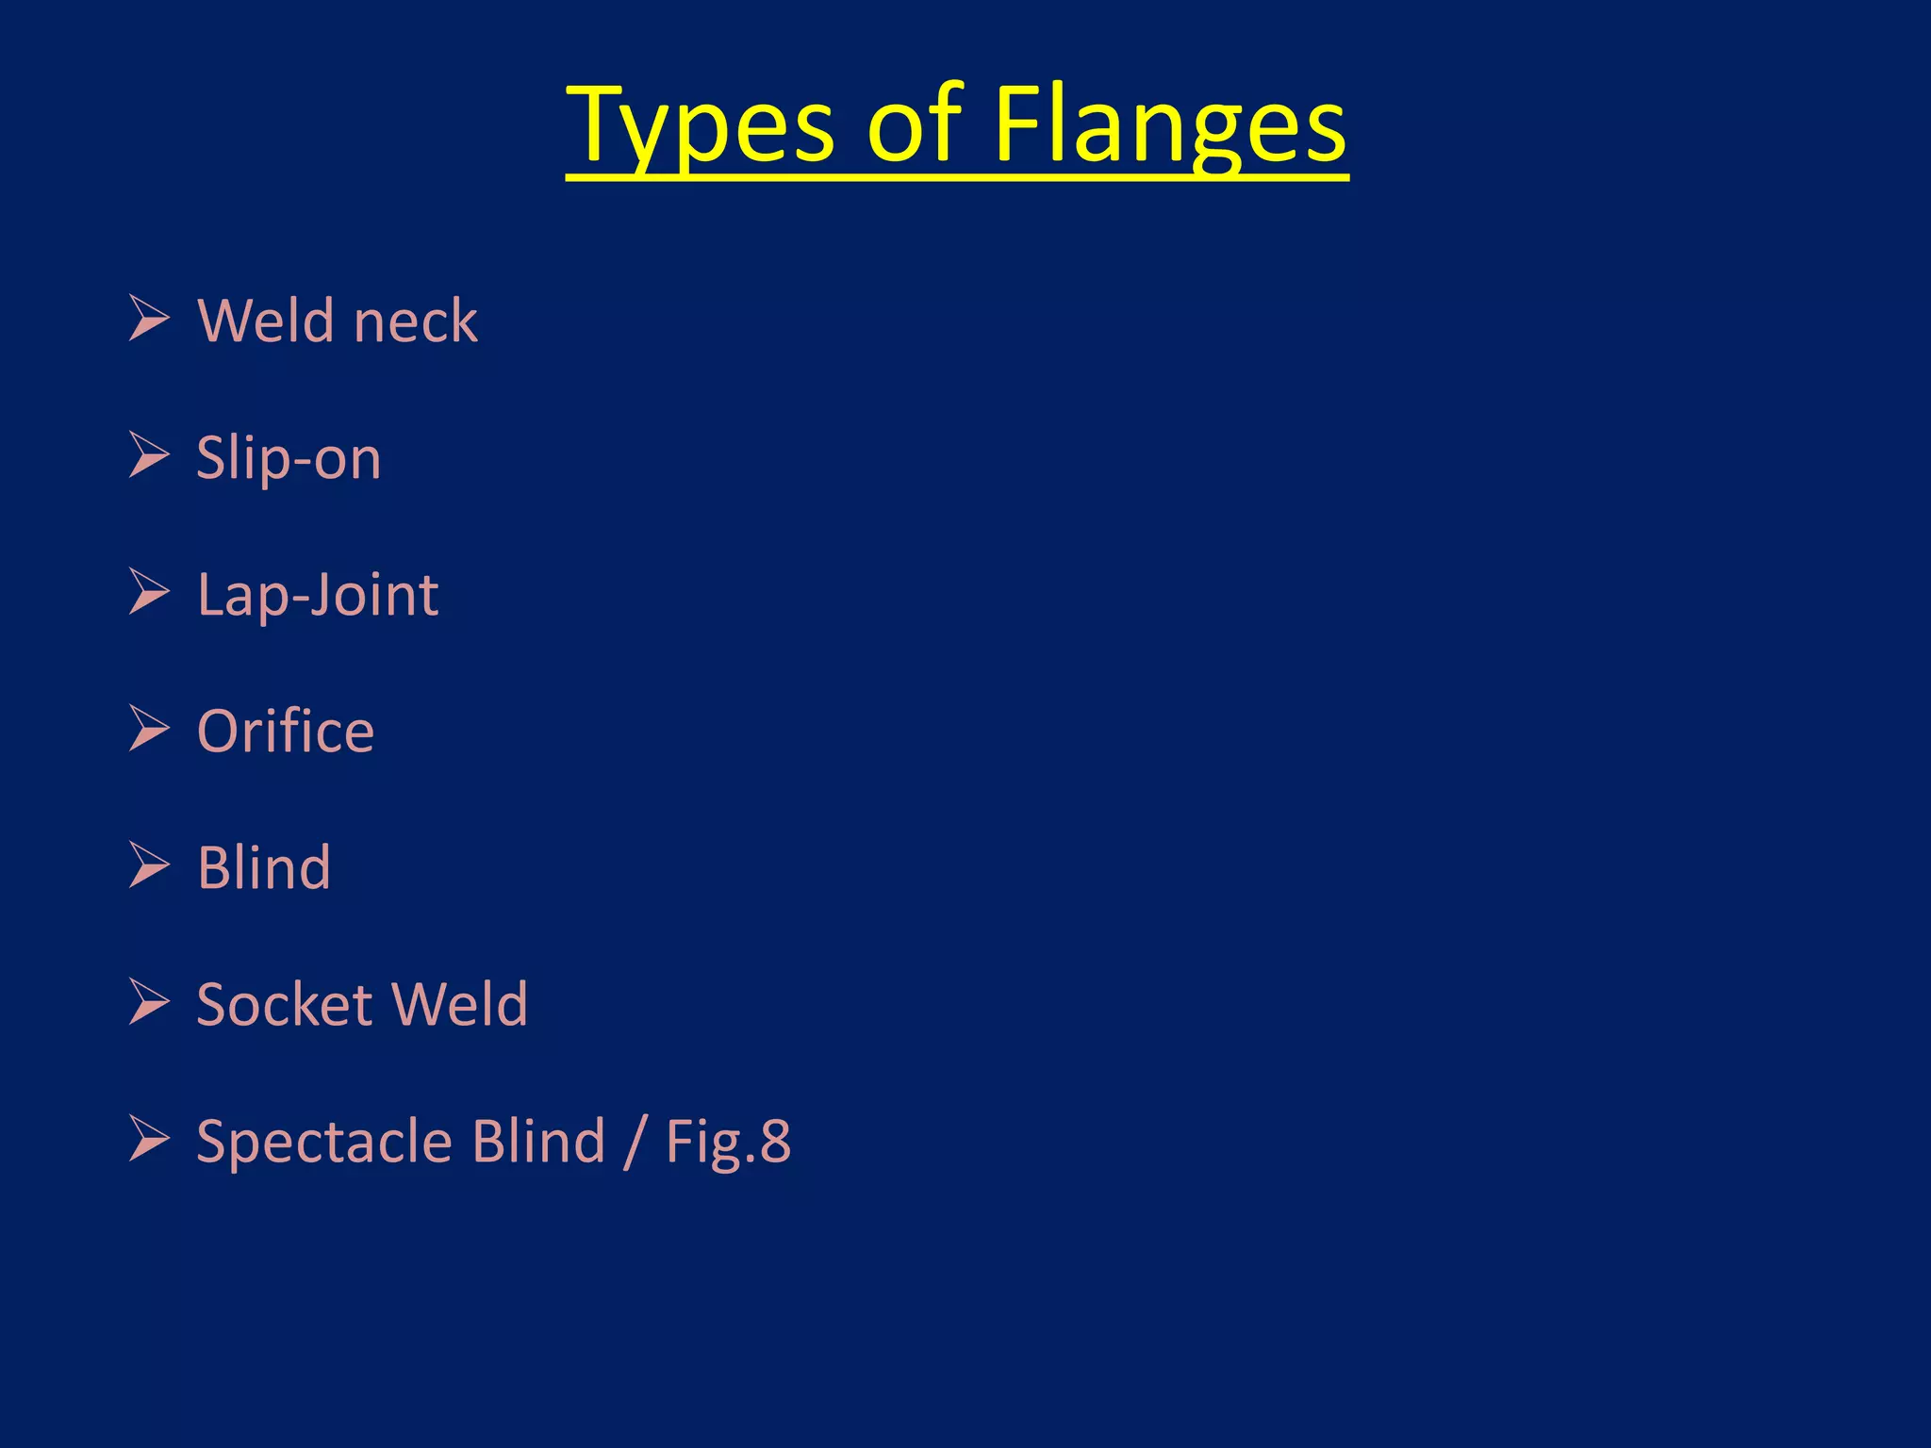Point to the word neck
(416, 321)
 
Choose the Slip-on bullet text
(289, 458)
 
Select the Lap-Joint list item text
(318, 596)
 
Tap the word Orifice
(286, 732)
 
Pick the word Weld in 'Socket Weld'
(459, 1004)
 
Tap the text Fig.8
(728, 1142)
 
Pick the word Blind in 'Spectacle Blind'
(538, 1142)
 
